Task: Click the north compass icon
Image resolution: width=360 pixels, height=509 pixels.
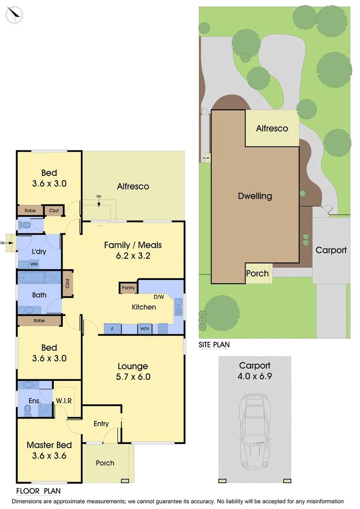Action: (15, 15)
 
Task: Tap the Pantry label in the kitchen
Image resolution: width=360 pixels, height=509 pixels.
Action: (128, 288)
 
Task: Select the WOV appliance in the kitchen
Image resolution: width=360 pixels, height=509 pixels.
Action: (145, 329)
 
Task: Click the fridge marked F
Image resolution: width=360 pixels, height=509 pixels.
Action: (113, 329)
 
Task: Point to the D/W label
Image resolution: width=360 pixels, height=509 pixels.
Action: (159, 297)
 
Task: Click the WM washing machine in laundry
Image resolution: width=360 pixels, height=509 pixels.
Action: (34, 264)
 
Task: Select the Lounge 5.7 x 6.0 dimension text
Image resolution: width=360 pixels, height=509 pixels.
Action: (132, 377)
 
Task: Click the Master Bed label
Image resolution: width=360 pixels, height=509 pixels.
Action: (49, 445)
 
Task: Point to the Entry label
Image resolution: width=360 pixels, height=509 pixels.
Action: (101, 424)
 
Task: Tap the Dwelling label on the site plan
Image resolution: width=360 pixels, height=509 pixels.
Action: (255, 196)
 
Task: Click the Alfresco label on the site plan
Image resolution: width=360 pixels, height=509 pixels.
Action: (272, 128)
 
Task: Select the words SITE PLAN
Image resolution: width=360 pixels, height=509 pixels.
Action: (214, 345)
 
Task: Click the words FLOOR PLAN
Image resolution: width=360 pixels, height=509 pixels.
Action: (38, 491)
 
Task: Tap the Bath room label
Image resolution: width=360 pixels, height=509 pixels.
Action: (40, 295)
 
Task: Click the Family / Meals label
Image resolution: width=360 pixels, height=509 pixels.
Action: (133, 245)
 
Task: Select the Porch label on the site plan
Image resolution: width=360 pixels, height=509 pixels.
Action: (258, 273)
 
